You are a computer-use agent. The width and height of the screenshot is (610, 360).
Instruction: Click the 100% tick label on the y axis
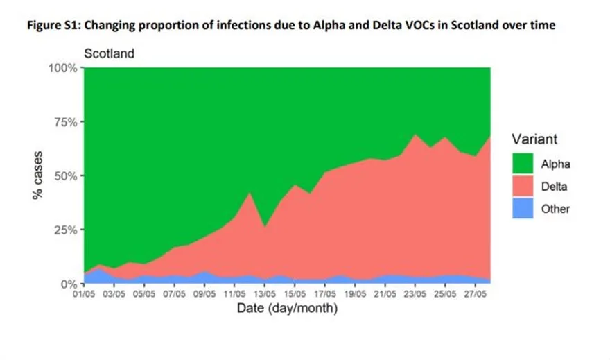[x=62, y=67]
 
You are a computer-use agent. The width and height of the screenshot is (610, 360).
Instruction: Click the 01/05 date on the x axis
[x=84, y=294]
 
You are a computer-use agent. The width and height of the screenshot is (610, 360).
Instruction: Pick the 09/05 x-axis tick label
[x=204, y=294]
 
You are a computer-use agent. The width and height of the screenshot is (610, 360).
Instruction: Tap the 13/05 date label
[x=265, y=294]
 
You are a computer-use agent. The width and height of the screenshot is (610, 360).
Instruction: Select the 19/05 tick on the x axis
[x=355, y=294]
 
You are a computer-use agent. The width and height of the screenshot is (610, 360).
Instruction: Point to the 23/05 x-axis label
[x=415, y=294]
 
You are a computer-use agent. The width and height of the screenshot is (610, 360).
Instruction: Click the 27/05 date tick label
[x=476, y=294]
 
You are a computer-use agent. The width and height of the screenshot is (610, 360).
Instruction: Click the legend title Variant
[x=533, y=138]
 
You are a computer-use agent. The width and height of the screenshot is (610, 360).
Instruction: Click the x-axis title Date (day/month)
[x=287, y=308]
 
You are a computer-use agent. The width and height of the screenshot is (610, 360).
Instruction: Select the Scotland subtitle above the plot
[x=110, y=53]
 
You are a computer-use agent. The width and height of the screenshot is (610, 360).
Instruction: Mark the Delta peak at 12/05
[x=250, y=194]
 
